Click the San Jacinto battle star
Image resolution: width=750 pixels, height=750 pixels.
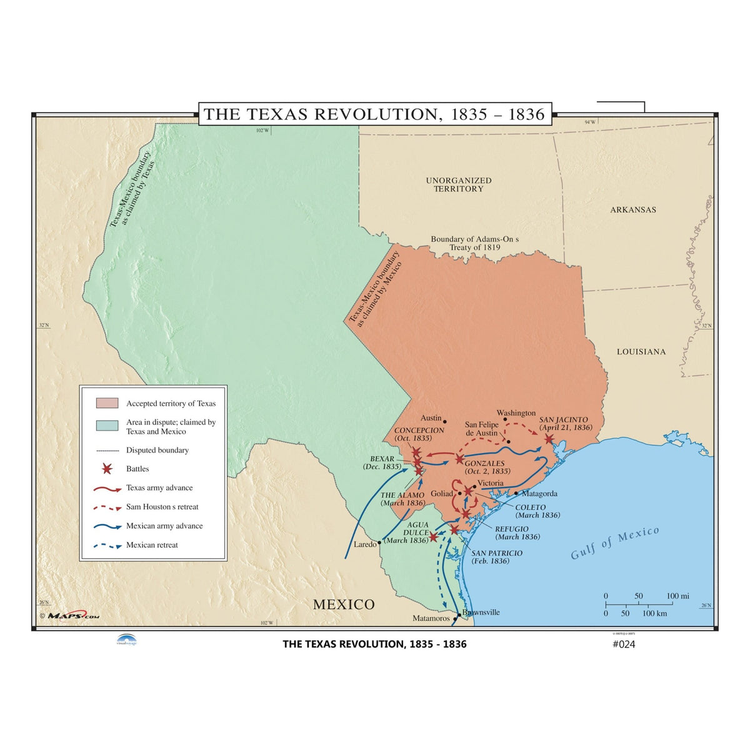click(x=549, y=439)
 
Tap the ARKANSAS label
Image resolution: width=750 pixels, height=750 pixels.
click(x=633, y=210)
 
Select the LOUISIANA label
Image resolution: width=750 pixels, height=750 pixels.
click(x=641, y=352)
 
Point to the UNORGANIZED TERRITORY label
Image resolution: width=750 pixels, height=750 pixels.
click(x=459, y=184)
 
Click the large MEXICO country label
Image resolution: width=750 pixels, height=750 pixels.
click(x=344, y=604)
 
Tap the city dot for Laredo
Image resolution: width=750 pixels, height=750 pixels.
click(x=379, y=542)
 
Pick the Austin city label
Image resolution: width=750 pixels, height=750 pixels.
click(x=431, y=418)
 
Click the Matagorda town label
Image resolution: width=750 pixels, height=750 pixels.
click(x=539, y=494)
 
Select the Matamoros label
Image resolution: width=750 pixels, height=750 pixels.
click(x=431, y=619)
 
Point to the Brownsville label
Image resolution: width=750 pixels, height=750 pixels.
click(x=481, y=612)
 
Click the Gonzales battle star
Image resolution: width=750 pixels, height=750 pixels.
click(x=459, y=459)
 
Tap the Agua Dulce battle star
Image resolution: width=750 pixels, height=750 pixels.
click(x=433, y=537)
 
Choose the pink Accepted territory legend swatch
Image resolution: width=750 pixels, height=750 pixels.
click(x=107, y=403)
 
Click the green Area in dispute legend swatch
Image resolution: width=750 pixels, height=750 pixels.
click(x=107, y=426)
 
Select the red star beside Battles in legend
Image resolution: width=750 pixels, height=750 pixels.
click(x=107, y=469)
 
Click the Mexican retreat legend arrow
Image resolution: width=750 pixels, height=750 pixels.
click(x=107, y=546)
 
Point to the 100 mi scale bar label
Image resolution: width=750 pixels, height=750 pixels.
click(x=677, y=596)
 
